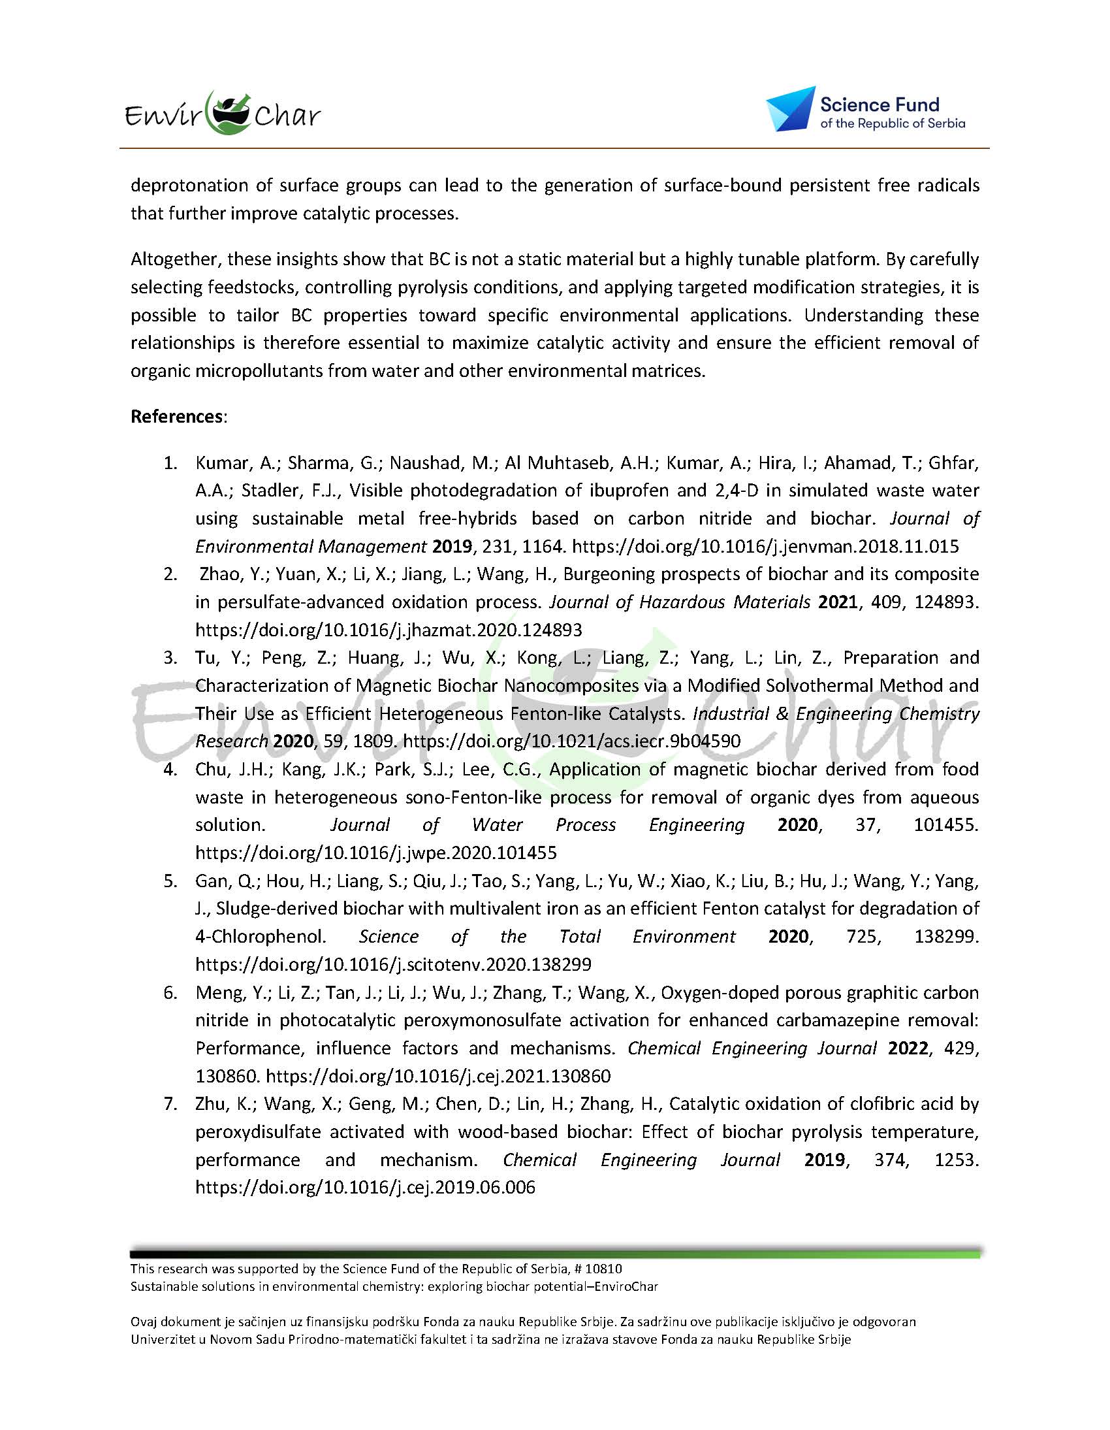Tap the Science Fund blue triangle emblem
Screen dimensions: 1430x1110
click(x=790, y=108)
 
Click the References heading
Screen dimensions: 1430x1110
click(x=178, y=416)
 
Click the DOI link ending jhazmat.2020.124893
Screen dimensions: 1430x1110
click(x=388, y=630)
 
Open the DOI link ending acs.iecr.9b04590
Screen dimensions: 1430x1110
click(x=571, y=741)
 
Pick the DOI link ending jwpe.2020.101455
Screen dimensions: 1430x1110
click(x=375, y=853)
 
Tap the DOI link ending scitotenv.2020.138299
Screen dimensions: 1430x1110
click(x=392, y=964)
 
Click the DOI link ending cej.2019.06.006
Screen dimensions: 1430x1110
click(x=365, y=1187)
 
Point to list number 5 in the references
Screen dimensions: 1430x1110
click(x=170, y=881)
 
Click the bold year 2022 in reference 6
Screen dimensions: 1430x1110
click(x=908, y=1048)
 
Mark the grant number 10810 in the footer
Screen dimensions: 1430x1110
click(x=603, y=1269)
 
